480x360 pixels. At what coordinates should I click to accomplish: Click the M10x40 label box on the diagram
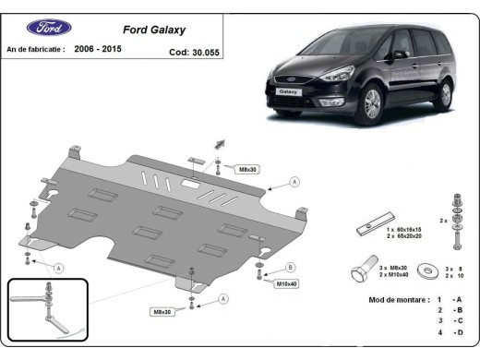pos(287,282)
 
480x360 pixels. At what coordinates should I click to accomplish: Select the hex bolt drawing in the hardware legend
pos(366,270)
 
